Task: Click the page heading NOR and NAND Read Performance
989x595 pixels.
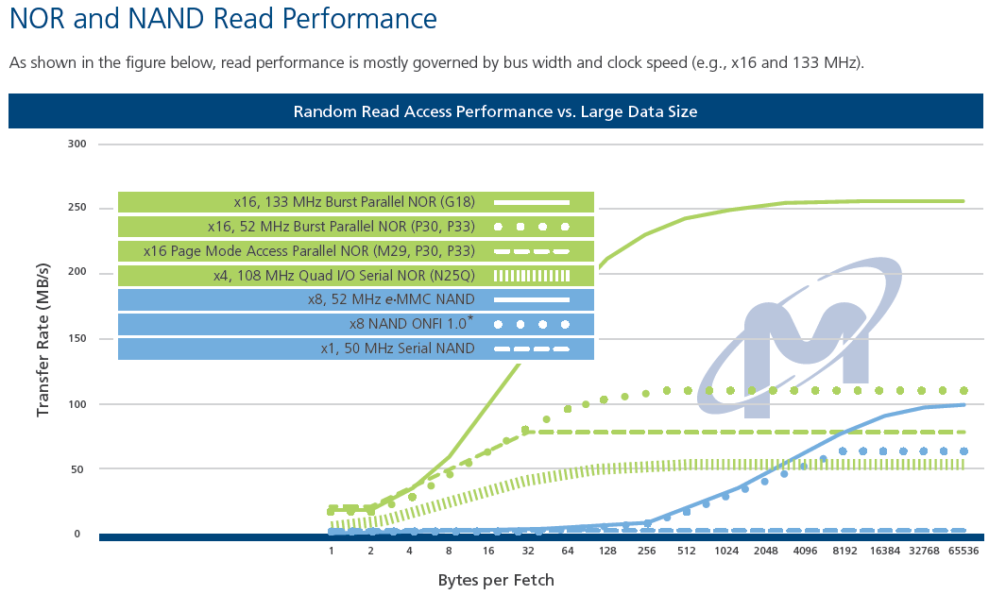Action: (x=223, y=18)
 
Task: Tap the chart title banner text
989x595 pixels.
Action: (x=495, y=111)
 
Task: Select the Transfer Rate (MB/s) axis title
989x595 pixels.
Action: (x=43, y=340)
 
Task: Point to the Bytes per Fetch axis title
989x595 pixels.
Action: (x=496, y=580)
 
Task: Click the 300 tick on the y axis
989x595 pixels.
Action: (x=77, y=144)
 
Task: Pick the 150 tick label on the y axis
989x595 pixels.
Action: (x=77, y=338)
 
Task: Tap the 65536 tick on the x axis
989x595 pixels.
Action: (x=963, y=551)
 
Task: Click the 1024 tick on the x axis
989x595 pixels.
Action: (x=726, y=551)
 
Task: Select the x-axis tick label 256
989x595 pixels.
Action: (x=646, y=551)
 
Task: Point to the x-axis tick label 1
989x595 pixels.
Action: (x=331, y=551)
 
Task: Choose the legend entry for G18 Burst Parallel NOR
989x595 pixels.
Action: (x=356, y=202)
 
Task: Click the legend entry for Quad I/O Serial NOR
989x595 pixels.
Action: (x=356, y=275)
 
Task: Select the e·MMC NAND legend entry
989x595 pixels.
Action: (x=356, y=299)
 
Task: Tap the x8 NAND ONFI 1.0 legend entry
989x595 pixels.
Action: (x=356, y=324)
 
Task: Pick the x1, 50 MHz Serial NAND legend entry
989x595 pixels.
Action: (x=356, y=348)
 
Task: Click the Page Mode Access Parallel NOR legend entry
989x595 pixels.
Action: (x=356, y=251)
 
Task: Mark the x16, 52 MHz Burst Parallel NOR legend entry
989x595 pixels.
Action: (x=356, y=227)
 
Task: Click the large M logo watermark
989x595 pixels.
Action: (x=798, y=337)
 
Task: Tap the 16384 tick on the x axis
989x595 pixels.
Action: (x=885, y=551)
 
